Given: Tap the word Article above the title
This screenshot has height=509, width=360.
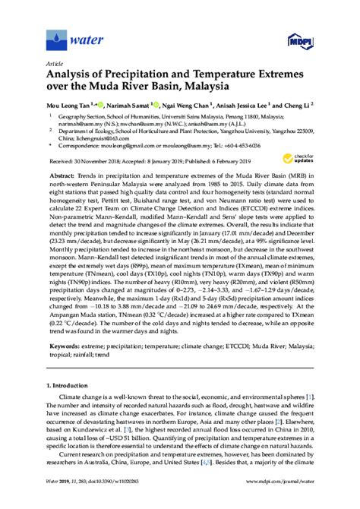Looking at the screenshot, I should [55, 64].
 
